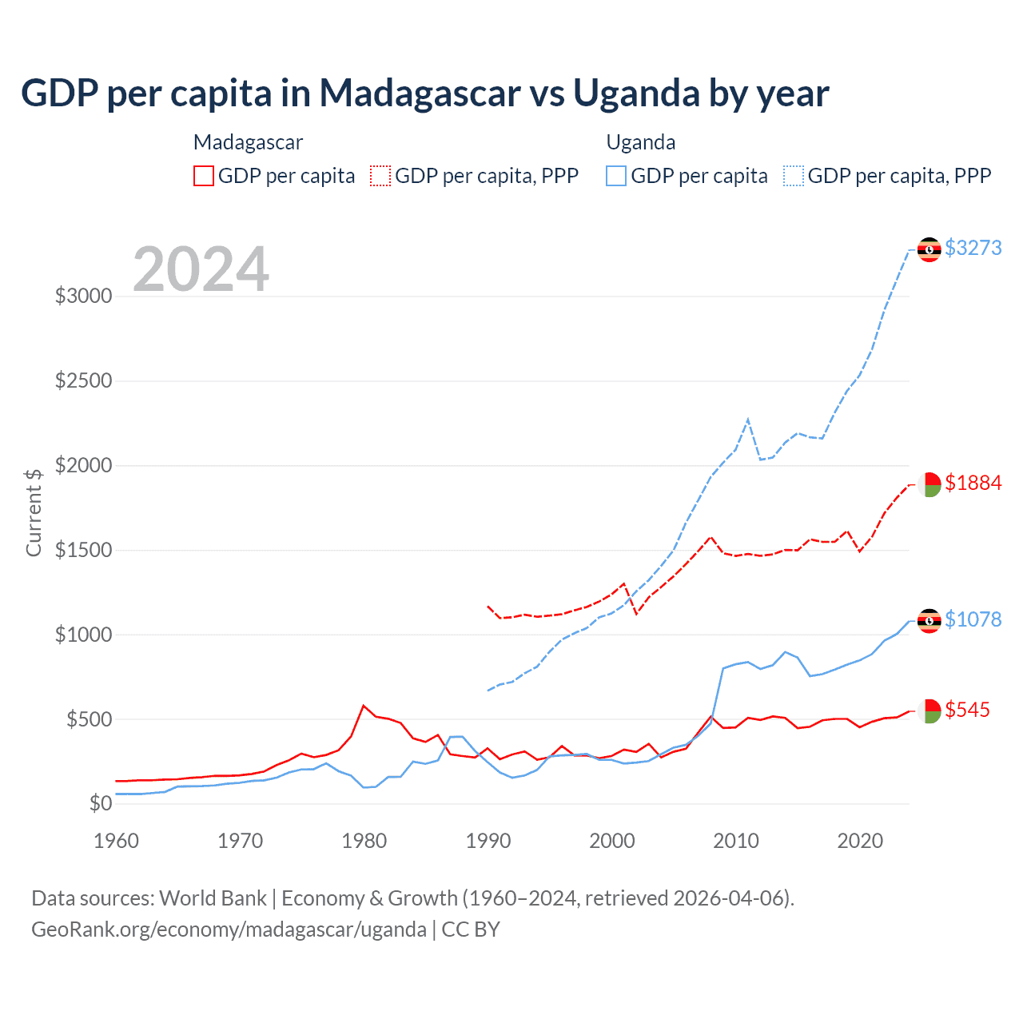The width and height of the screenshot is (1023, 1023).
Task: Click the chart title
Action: (x=424, y=94)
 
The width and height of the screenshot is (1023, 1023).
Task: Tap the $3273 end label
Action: (x=973, y=248)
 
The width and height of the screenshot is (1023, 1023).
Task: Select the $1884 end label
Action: (x=973, y=483)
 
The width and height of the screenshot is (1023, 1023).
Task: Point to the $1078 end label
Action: (x=973, y=619)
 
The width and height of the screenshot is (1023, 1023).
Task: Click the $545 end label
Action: (x=967, y=710)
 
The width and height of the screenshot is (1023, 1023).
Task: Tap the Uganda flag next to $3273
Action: (x=929, y=249)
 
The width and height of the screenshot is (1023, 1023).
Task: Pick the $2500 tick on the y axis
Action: (x=83, y=380)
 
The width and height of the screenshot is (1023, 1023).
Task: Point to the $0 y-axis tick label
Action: (x=100, y=803)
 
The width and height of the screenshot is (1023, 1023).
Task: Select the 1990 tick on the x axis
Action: (x=488, y=841)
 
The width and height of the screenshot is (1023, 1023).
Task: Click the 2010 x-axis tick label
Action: (x=736, y=841)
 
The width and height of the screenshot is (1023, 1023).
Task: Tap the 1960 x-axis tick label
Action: (x=117, y=841)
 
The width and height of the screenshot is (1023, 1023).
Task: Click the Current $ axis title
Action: (x=34, y=512)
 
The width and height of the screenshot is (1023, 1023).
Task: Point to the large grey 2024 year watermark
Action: (x=201, y=269)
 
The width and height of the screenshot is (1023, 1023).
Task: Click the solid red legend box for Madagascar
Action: (x=204, y=176)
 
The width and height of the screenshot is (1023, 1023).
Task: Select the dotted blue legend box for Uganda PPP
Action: (x=794, y=176)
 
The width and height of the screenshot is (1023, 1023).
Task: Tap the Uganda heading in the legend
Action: (x=641, y=142)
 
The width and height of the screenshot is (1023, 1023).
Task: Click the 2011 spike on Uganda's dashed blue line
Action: (x=747, y=420)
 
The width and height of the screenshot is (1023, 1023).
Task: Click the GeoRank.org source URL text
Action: (x=229, y=929)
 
